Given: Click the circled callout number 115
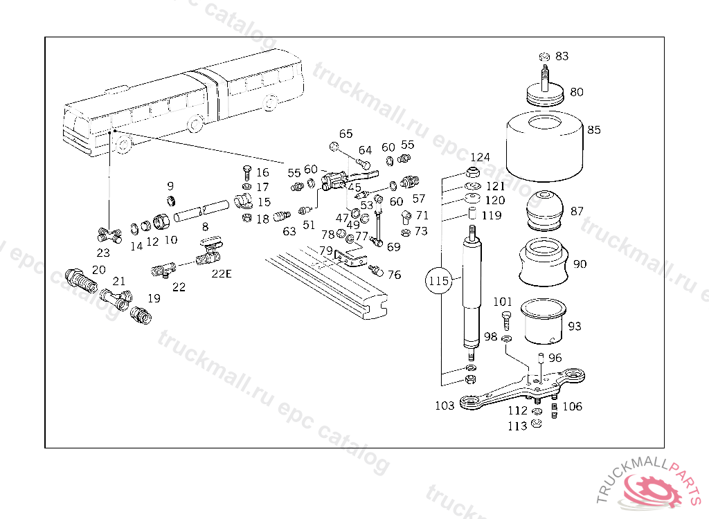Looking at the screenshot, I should pos(438,282).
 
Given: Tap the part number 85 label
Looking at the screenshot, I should pos(594,129).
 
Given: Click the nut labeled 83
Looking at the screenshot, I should pos(544,56).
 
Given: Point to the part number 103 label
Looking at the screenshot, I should pos(445,405).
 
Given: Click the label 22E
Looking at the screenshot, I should pos(222,273).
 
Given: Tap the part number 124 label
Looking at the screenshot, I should pos(480,157).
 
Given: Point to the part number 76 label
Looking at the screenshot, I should pos(394,275).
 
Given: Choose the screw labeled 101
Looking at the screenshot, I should pos(505,320).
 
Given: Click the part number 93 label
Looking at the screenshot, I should pos(575,326).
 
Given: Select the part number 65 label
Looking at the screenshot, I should pos(345,134).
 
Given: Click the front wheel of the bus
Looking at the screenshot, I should pos(124,145).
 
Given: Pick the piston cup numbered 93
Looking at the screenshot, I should pos(544,320).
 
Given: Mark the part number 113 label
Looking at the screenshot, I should pos(517,426).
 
